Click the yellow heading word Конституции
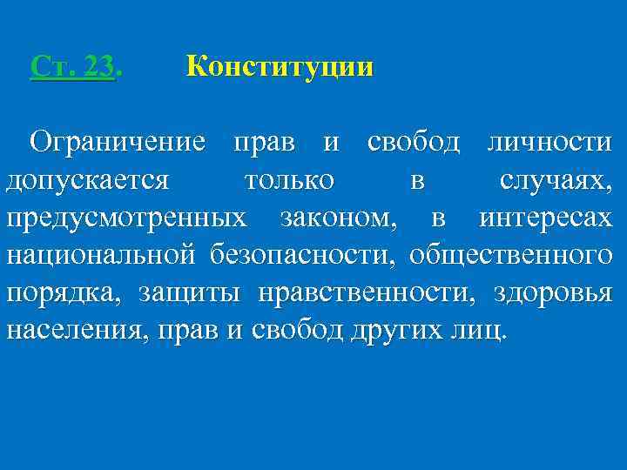pyautogui.click(x=280, y=67)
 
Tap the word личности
pyautogui.click(x=550, y=141)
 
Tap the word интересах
pyautogui.click(x=546, y=218)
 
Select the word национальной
pyautogui.click(x=104, y=256)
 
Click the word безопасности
pyautogui.click(x=304, y=256)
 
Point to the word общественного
pyautogui.click(x=511, y=256)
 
